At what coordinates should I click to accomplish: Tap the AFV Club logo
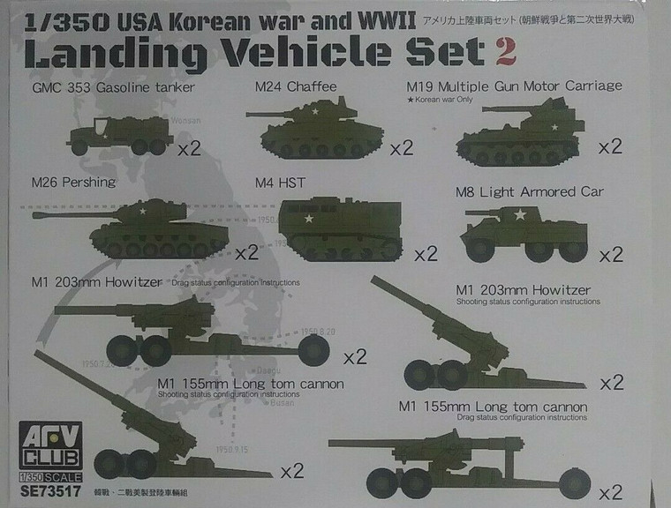click(59, 443)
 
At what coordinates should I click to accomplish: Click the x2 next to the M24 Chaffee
click(401, 147)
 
